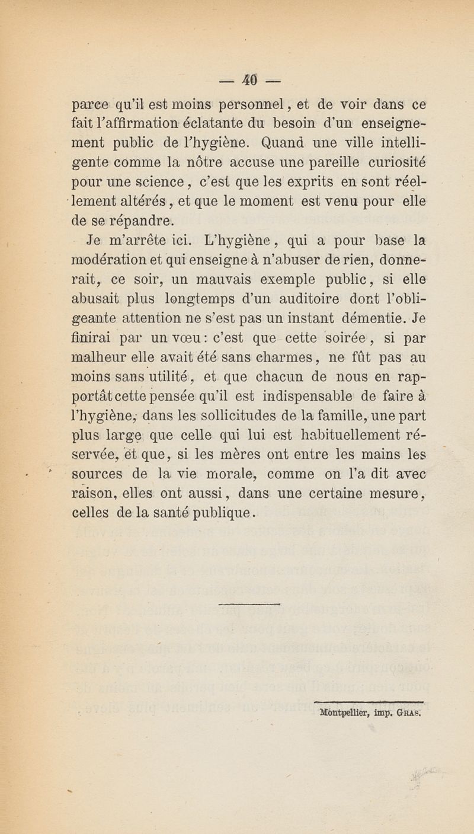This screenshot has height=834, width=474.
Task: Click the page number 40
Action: click(x=236, y=79)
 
